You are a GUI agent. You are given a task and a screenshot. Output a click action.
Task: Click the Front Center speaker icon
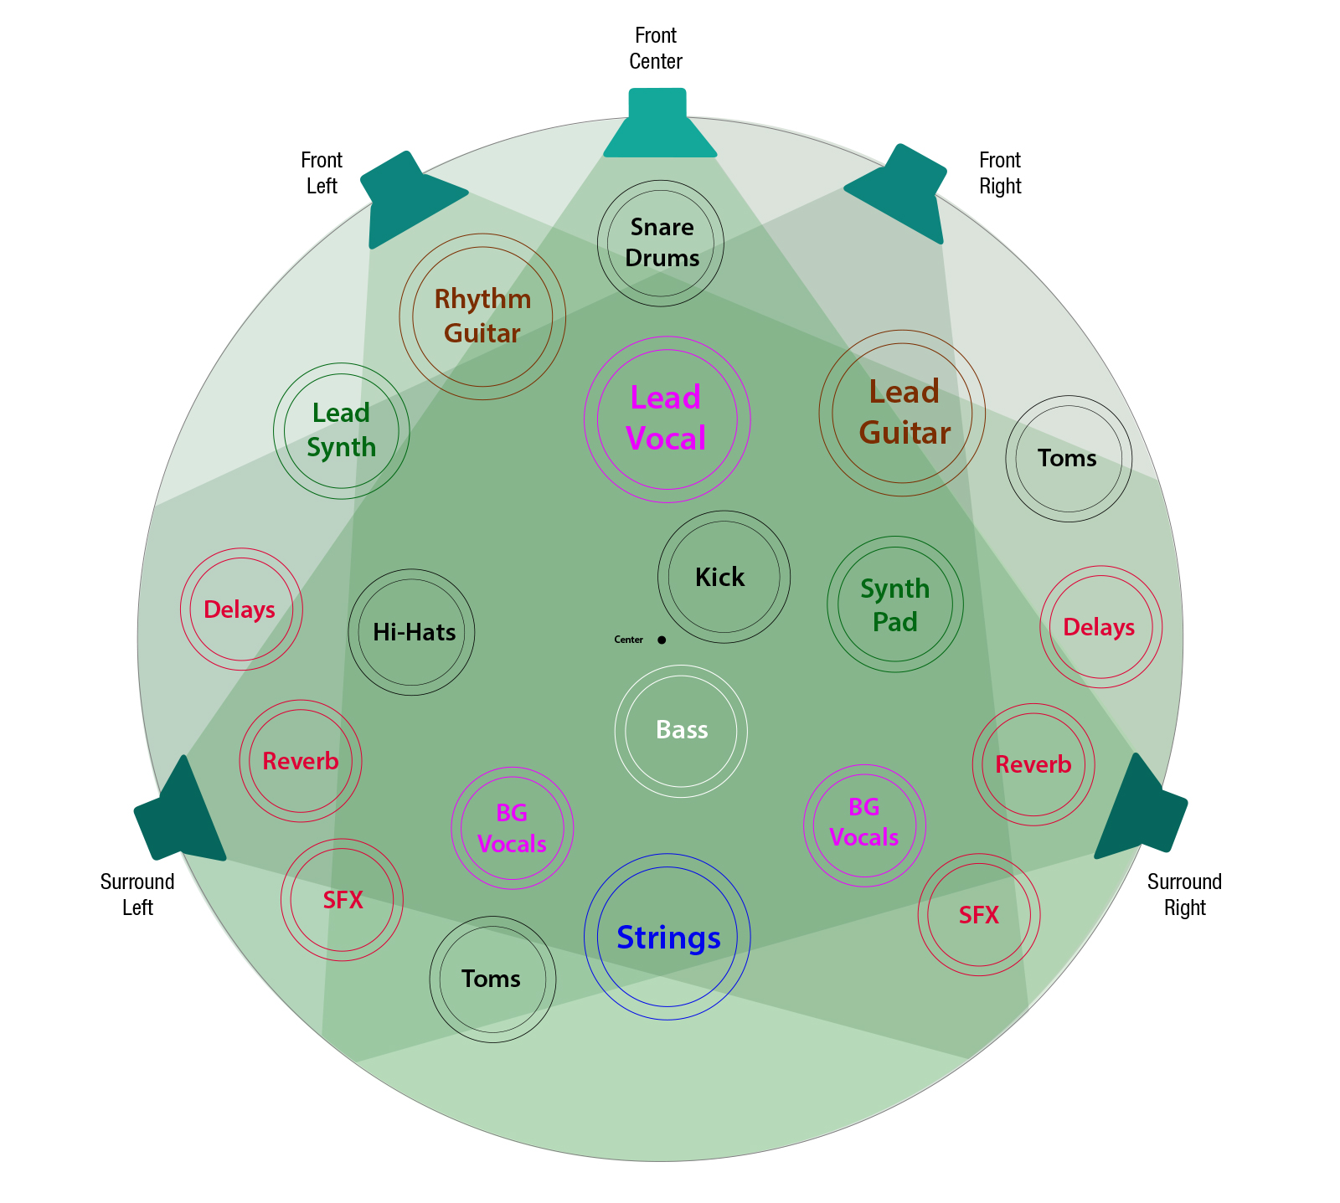pos(659,126)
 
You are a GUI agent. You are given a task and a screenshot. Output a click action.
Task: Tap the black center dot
pos(662,640)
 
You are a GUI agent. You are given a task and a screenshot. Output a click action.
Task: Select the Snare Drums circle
pos(661,243)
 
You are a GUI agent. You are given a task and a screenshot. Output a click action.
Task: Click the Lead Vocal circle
pos(667,419)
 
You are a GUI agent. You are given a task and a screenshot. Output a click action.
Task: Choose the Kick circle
pos(724,577)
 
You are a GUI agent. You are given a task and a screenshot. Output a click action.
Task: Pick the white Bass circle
pos(681,731)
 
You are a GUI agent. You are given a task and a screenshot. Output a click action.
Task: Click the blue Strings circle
pos(667,936)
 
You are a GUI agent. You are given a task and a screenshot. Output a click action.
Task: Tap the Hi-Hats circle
pos(411,632)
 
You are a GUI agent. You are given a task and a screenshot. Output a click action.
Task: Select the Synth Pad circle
pos(894,604)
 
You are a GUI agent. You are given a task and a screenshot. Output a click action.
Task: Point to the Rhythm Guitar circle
pos(482,316)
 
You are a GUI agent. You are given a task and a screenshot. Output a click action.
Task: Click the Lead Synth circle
pos(341,430)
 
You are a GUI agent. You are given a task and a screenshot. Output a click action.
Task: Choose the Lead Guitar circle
pos(902,413)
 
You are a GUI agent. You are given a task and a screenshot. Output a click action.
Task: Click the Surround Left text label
pos(137,894)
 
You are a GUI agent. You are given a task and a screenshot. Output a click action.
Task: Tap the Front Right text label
pos(1000,172)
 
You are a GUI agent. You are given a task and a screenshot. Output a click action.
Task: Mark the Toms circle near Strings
pos(492,979)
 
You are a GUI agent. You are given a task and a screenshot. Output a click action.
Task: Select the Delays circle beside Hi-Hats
pos(241,609)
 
